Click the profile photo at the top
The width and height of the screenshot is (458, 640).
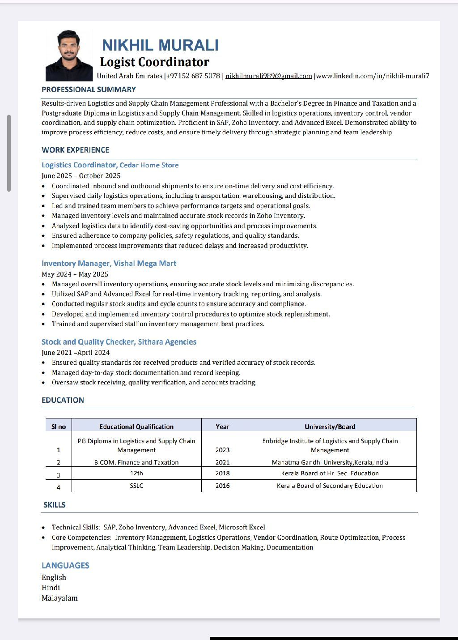coord(69,55)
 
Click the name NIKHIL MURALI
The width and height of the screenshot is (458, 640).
coord(160,45)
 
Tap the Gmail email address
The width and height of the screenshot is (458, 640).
coord(268,76)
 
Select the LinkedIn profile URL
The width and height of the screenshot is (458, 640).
coord(373,76)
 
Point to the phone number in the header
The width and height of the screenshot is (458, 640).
coord(193,76)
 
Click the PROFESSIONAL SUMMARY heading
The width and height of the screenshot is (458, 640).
coord(89,90)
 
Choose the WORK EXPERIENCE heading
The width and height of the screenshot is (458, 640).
coord(75,150)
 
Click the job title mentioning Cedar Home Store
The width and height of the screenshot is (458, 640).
coord(110,165)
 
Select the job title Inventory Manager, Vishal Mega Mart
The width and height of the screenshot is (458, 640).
coord(109,263)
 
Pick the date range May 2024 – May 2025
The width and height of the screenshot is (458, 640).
coord(75,274)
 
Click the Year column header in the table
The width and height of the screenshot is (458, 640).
coord(222,427)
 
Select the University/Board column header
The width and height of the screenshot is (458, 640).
coord(330,427)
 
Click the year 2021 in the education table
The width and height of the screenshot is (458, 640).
coord(222,462)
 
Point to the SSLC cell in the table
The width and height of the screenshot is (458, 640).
coord(136,486)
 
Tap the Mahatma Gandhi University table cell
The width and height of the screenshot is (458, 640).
coord(330,462)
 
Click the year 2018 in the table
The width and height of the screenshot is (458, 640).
coord(222,473)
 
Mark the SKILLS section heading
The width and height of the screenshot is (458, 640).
coord(54,505)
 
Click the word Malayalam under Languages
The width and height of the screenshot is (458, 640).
coord(59,598)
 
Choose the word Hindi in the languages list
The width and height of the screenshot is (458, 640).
coord(51,587)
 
